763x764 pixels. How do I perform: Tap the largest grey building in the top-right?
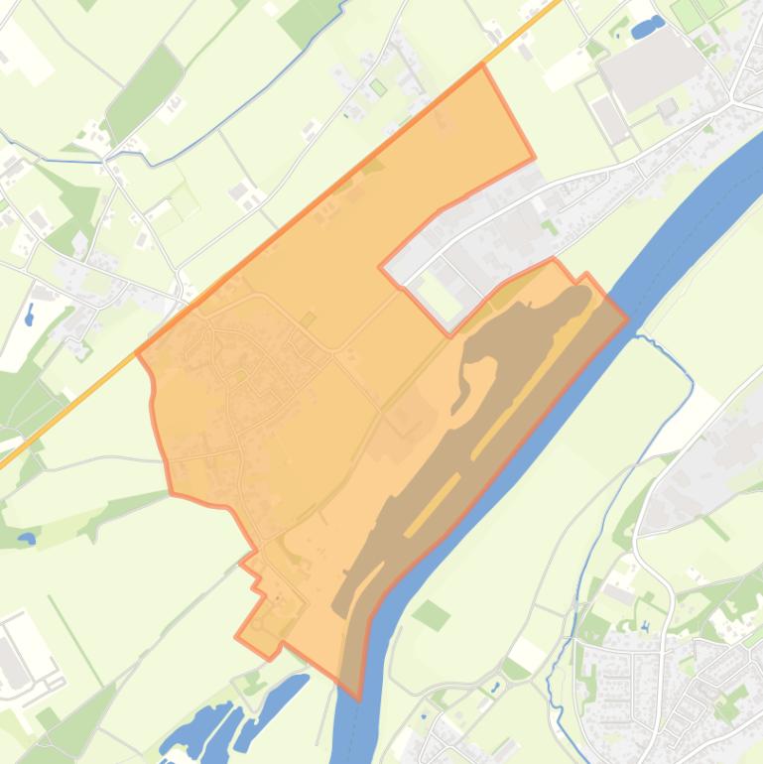coord(651,64)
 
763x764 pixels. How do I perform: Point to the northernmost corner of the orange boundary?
coord(482,65)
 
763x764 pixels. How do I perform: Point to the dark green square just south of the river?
coord(431,614)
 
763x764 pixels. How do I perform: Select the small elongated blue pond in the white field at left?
coord(29,316)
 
